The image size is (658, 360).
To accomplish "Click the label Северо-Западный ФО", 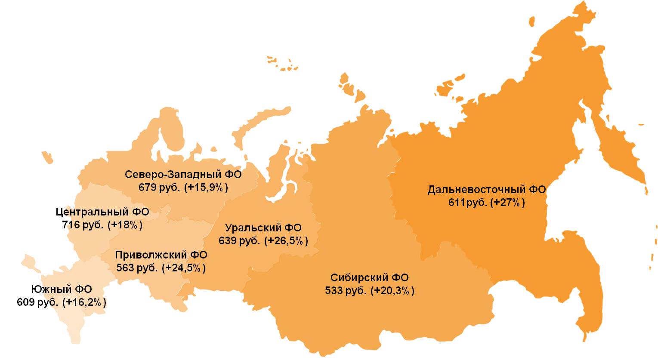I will pyautogui.click(x=183, y=175).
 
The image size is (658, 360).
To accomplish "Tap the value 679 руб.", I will pyautogui.click(x=158, y=188).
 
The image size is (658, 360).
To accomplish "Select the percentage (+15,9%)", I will pyautogui.click(x=206, y=188).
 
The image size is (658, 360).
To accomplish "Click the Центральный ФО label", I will pyautogui.click(x=102, y=212).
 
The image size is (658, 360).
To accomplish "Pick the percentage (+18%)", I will pyautogui.click(x=125, y=225).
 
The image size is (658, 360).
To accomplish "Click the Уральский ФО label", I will pyautogui.click(x=263, y=228).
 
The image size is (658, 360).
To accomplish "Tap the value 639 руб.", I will pyautogui.click(x=239, y=241).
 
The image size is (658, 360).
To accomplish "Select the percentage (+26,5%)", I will pyautogui.click(x=286, y=241).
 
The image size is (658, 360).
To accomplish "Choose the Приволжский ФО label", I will pyautogui.click(x=161, y=255).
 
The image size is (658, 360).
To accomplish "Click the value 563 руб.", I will pyautogui.click(x=136, y=268).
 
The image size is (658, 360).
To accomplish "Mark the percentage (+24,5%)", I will pyautogui.click(x=184, y=268).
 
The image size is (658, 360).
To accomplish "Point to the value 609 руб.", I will pyautogui.click(x=37, y=302).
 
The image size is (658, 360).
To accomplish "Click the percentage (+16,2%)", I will pyautogui.click(x=84, y=302).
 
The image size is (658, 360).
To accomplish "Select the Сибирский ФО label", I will pyautogui.click(x=370, y=278).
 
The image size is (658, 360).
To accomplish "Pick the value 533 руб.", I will pyautogui.click(x=346, y=291).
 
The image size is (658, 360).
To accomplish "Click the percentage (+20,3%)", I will pyautogui.click(x=392, y=291).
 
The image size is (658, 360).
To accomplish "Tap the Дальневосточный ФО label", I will pyautogui.click(x=487, y=190).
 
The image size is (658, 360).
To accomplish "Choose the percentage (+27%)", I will pyautogui.click(x=507, y=203).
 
